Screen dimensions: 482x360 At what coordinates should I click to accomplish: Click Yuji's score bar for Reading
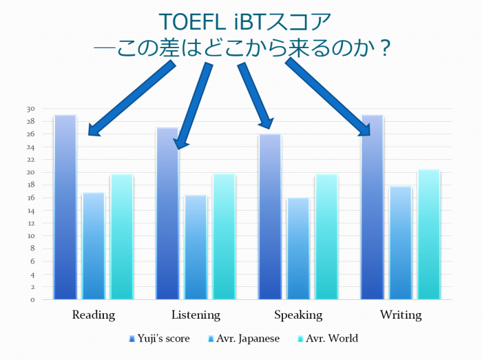(65, 207)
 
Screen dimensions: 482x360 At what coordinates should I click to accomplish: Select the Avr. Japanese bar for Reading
(94, 246)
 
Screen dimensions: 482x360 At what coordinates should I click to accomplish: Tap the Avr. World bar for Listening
(224, 237)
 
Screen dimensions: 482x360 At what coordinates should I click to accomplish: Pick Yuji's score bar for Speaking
(270, 217)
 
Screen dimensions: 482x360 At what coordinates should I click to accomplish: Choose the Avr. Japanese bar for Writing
(401, 243)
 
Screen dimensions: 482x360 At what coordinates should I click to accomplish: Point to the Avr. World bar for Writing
(429, 234)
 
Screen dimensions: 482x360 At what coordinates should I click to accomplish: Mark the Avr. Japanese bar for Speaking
(298, 248)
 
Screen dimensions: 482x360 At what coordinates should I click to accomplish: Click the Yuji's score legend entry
(159, 339)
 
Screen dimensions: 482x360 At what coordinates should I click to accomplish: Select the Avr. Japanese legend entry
(244, 339)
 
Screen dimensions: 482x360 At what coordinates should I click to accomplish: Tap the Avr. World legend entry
(328, 339)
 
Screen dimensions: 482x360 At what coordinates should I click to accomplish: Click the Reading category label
(94, 315)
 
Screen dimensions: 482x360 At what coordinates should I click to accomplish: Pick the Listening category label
(196, 315)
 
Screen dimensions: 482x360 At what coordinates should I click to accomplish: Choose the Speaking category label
(298, 315)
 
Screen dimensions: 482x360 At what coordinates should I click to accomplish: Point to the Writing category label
(401, 315)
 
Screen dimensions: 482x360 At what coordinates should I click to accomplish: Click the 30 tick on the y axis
(31, 109)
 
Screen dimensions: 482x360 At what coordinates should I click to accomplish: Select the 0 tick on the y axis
(32, 300)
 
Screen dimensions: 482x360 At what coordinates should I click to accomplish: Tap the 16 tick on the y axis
(31, 198)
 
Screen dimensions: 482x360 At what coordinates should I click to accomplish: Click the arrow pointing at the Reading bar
(132, 98)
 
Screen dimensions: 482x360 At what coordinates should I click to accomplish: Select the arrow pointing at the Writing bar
(328, 97)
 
